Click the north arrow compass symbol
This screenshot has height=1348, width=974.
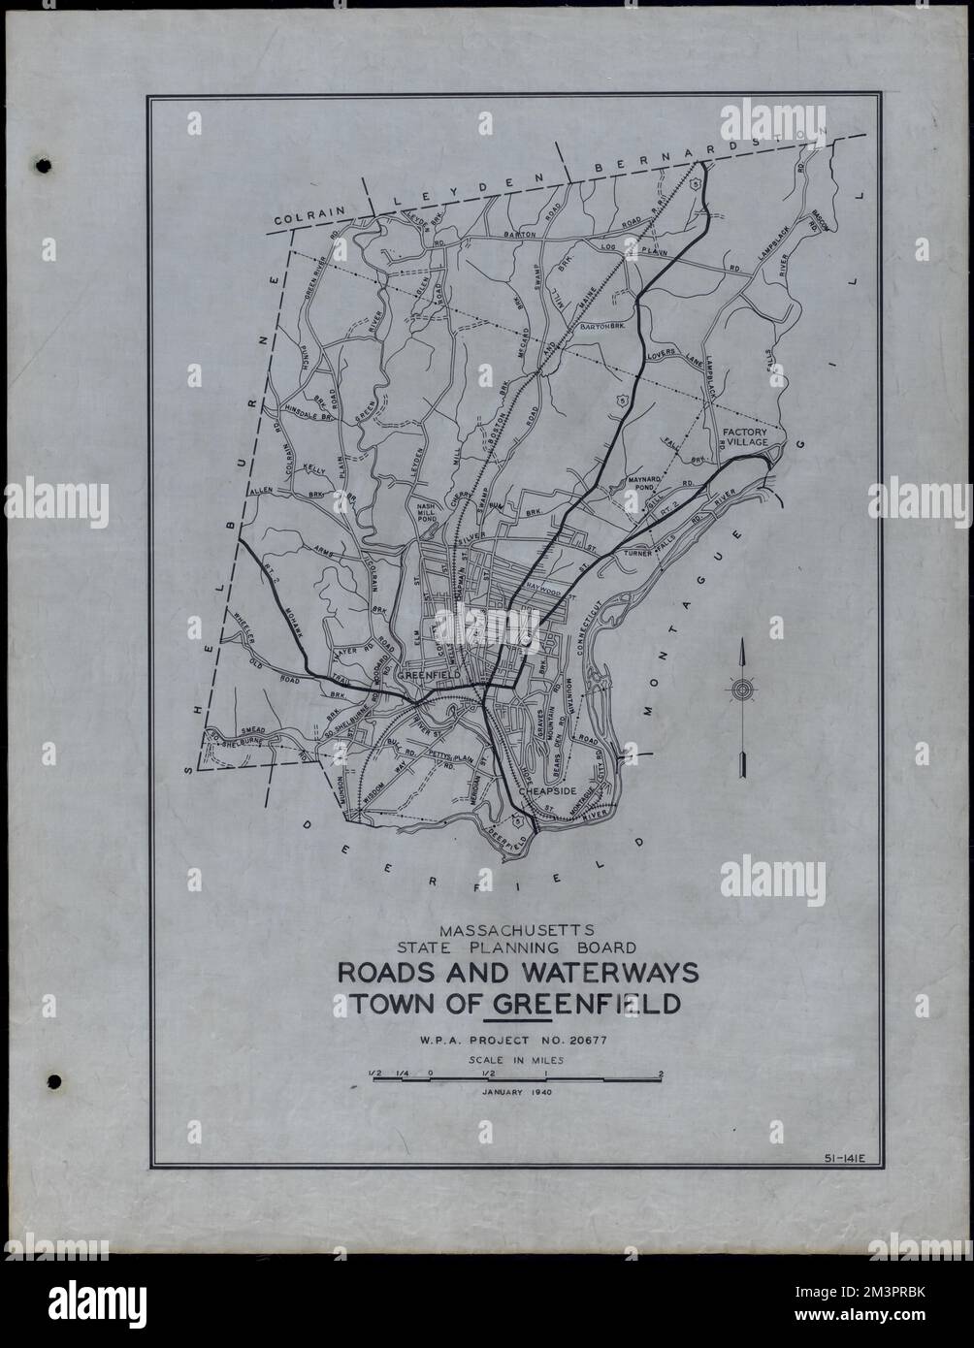[743, 690]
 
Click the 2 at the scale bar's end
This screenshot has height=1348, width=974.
[660, 1073]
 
